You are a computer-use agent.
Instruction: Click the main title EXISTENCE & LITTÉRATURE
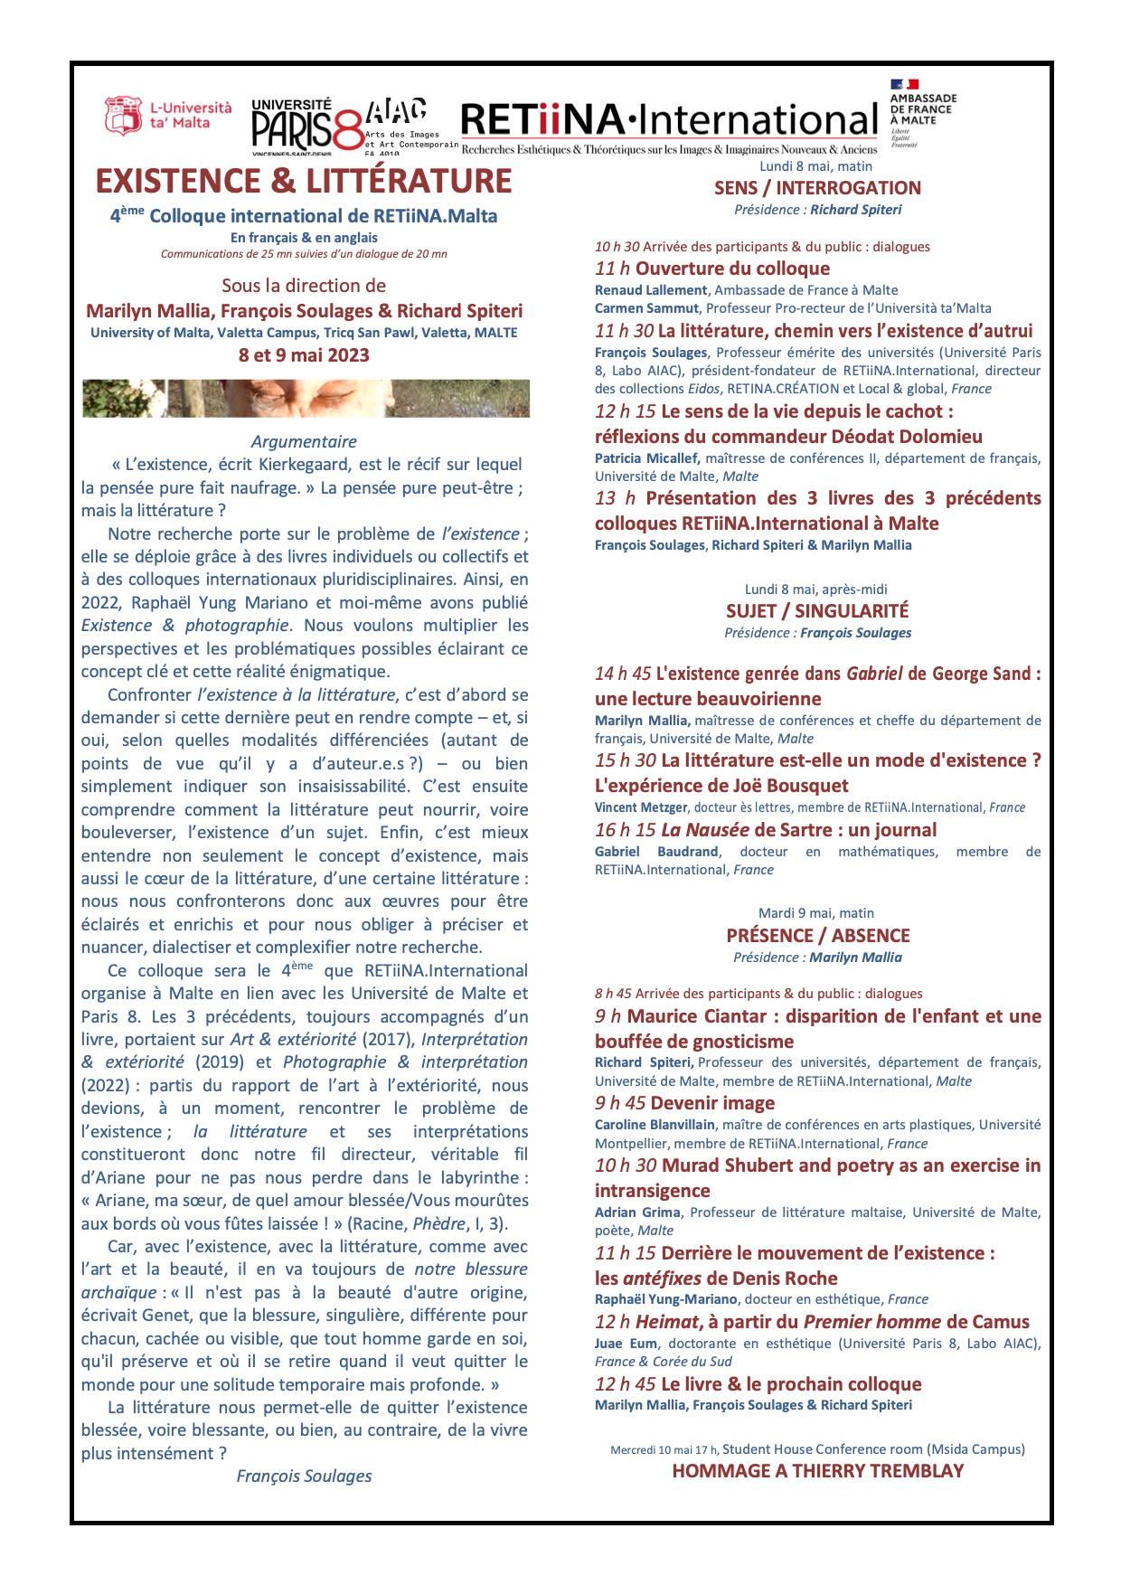pos(304,181)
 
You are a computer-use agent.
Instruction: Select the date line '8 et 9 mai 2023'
pos(304,354)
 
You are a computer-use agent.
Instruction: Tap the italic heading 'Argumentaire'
pos(304,442)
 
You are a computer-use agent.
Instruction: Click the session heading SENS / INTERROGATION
pos(817,188)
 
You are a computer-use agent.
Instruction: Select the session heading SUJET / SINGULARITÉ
pos(817,611)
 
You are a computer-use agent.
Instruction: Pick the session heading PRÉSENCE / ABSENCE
pos(817,936)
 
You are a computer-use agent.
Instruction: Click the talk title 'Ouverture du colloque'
pos(732,269)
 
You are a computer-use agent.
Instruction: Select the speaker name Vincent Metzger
pos(640,807)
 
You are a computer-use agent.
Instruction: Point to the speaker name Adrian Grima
pos(636,1212)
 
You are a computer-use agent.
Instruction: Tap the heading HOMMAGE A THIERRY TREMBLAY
pos(817,1471)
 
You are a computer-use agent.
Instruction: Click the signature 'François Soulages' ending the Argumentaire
pos(304,1476)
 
